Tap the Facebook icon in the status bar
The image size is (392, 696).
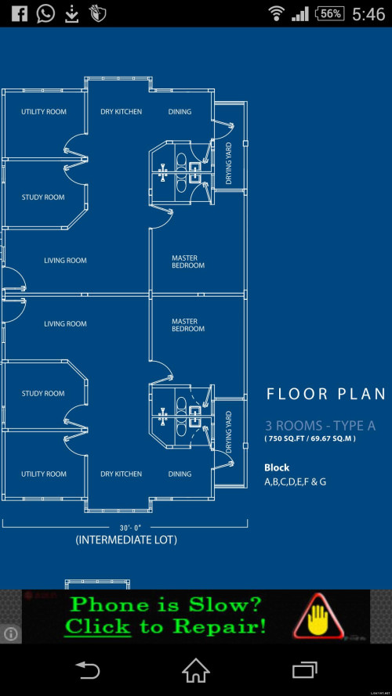(19, 14)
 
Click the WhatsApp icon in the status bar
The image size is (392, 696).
(45, 14)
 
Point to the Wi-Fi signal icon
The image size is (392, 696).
(277, 14)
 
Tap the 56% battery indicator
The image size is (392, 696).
(330, 14)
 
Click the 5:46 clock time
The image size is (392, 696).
(368, 14)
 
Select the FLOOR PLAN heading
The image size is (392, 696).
(326, 394)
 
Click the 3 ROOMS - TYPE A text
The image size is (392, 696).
(321, 426)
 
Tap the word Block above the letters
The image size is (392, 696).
(277, 467)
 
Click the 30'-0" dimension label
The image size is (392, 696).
(130, 528)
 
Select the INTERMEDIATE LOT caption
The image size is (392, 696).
(126, 539)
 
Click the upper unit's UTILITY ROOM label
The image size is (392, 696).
(44, 112)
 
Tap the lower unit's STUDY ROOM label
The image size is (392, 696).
(43, 393)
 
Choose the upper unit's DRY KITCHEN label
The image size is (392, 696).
(122, 112)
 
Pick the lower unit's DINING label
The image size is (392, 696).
(180, 474)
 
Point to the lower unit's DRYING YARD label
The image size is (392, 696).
(229, 432)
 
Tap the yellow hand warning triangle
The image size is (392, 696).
(318, 615)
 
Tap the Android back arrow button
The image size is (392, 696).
(87, 670)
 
